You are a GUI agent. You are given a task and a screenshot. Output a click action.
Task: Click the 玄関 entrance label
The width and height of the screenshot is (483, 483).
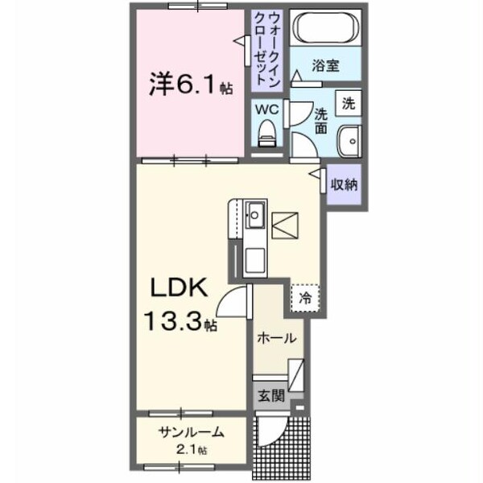[x=270, y=395]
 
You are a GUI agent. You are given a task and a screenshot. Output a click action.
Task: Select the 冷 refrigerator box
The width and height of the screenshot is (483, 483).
[x=305, y=298]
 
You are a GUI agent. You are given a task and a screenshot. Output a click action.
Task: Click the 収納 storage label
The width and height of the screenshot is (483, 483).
[x=344, y=184]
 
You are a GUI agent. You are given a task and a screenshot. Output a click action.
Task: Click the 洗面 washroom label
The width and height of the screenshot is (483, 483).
[x=321, y=120]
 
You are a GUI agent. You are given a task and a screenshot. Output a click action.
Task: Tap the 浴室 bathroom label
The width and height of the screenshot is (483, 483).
[x=326, y=64]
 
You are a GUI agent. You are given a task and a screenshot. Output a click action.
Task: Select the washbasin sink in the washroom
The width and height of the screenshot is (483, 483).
[x=349, y=143]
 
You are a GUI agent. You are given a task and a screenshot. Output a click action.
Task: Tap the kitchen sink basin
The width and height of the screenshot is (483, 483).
[x=256, y=215]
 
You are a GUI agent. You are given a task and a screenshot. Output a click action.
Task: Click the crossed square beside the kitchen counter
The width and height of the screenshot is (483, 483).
[x=285, y=222]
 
